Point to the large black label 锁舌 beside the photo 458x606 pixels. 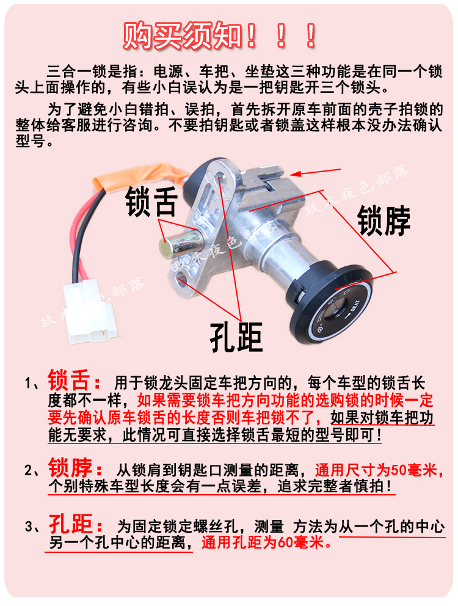[151, 201]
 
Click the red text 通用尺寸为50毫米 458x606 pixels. [376, 470]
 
